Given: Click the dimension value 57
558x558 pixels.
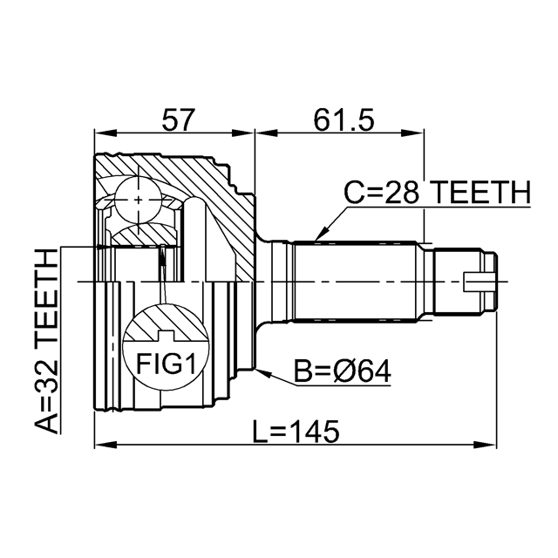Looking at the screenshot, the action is [179, 119].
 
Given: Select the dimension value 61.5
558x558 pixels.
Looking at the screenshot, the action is [344, 119].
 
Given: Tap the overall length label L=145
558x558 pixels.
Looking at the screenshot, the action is [296, 432].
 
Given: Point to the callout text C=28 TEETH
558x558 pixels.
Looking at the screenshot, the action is [437, 192].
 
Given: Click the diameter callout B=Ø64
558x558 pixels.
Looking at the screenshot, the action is [343, 371].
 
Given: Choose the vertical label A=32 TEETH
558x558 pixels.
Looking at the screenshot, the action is [46, 341].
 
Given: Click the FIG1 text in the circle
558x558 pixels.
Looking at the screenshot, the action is [167, 364].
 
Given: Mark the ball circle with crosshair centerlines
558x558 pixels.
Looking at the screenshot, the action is [138, 200].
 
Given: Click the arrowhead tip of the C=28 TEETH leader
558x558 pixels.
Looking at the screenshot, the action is [316, 241].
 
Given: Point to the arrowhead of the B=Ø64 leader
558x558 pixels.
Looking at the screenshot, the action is [255, 370].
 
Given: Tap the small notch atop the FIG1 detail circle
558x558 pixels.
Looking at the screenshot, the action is [166, 335].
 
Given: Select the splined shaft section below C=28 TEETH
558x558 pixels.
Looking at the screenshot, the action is [355, 282].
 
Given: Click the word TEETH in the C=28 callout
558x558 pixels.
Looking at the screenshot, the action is [481, 192].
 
